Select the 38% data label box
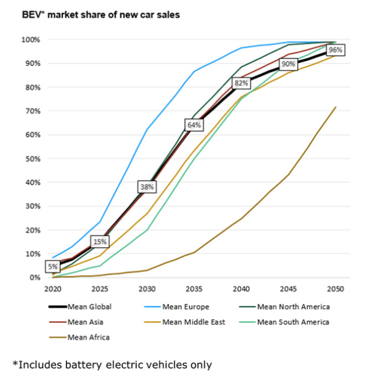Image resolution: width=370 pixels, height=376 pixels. (x=147, y=187)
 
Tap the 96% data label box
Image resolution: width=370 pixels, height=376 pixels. (x=335, y=50)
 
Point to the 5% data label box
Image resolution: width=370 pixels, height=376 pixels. (x=52, y=267)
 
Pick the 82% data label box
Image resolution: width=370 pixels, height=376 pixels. (x=241, y=83)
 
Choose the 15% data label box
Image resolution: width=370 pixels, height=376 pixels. (x=99, y=242)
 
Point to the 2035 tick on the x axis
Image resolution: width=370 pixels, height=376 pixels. (x=194, y=288)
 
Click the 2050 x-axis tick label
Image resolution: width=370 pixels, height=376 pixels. (x=335, y=288)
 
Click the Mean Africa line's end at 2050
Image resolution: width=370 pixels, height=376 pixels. (x=335, y=107)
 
